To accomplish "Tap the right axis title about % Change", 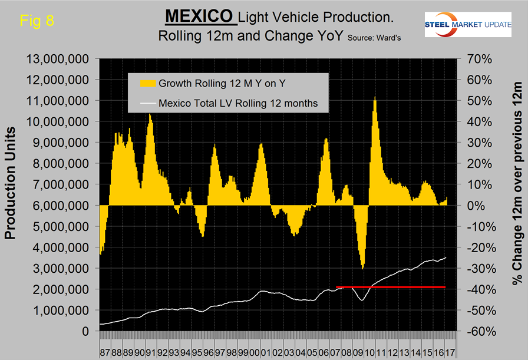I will [517, 194].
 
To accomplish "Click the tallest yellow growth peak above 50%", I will [374, 99].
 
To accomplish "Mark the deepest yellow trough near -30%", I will [362, 267].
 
